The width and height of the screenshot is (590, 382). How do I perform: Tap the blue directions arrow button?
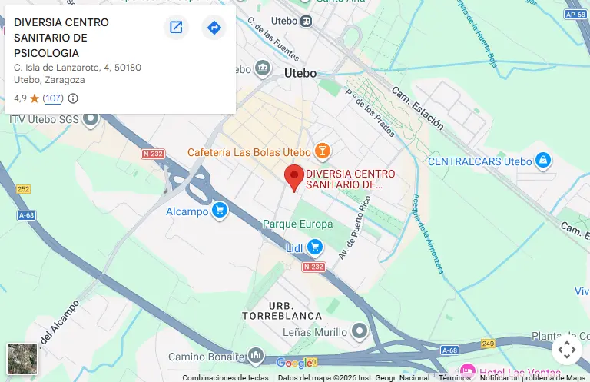point(214,28)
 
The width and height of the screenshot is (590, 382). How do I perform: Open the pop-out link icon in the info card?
point(176,28)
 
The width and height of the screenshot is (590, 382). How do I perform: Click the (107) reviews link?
point(53,98)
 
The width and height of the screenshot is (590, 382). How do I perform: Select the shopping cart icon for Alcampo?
point(220,210)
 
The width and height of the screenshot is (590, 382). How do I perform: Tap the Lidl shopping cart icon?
point(314,247)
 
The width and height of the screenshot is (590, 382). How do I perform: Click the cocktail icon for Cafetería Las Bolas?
point(323,151)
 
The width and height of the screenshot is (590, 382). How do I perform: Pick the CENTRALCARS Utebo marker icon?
point(543,161)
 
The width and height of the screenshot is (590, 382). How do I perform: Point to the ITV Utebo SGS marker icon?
point(91,119)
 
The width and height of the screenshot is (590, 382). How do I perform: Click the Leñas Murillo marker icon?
point(360,331)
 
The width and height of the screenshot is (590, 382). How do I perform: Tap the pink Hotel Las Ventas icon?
point(466,371)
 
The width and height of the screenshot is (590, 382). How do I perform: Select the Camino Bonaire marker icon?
point(256,356)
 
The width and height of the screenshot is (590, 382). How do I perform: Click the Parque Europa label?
point(297,224)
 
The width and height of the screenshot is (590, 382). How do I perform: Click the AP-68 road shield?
point(575,15)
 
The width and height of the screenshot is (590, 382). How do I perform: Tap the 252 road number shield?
point(24,189)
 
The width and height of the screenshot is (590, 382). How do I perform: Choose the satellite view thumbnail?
point(22,358)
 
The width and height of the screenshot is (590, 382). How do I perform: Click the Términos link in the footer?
point(455,377)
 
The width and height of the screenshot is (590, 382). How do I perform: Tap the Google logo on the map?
point(294,363)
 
